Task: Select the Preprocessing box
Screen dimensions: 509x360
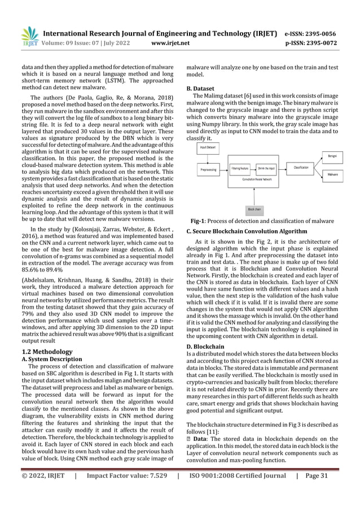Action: [x=210, y=168]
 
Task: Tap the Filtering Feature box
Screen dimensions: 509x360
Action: [x=241, y=168]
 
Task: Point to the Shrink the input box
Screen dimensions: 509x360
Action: [x=266, y=168]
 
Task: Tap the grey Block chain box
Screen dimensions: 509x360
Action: [x=254, y=208]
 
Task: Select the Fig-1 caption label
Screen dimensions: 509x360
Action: [x=197, y=221]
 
